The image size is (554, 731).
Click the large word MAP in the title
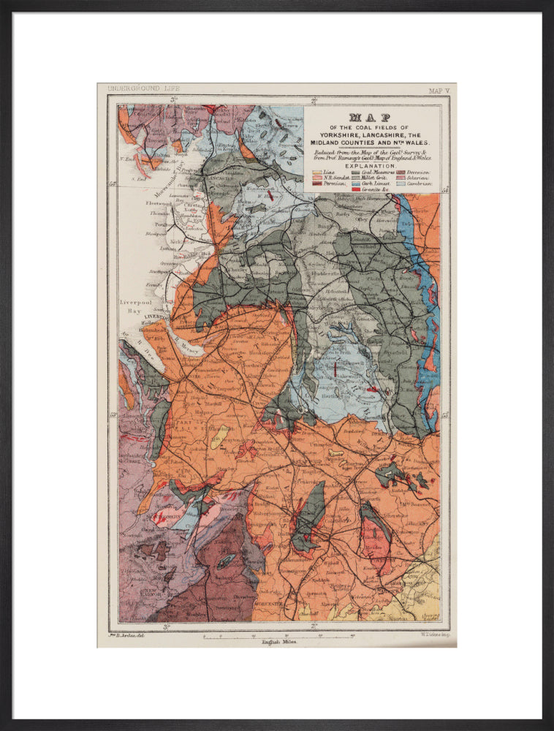[371, 117]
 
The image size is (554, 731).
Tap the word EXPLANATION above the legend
[371, 166]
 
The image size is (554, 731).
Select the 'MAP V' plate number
[439, 90]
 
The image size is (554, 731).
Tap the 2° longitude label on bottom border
[313, 626]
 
